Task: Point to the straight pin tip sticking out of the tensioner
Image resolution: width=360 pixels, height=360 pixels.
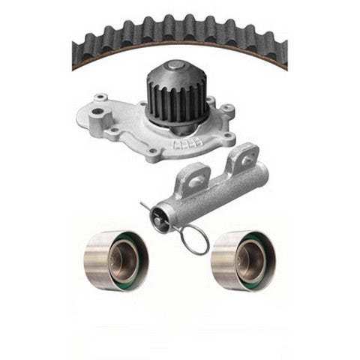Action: (142, 205)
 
